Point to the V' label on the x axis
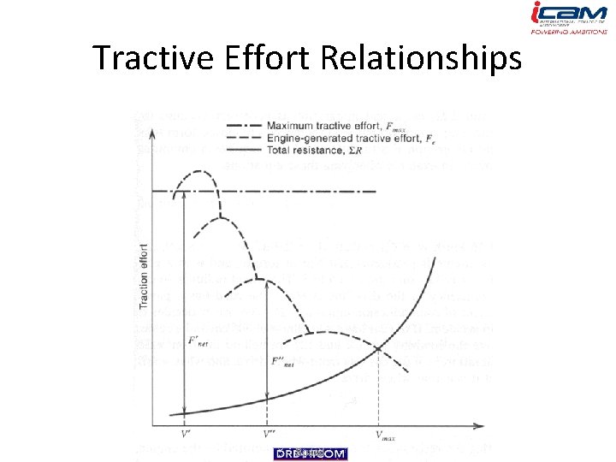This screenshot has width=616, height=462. click(x=186, y=434)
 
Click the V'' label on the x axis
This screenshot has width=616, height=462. click(x=269, y=434)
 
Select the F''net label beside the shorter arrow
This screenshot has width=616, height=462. click(x=282, y=361)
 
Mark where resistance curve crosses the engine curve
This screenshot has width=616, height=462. click(x=377, y=348)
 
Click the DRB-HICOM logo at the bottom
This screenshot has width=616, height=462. click(x=310, y=453)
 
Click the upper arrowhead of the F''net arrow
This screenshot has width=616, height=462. click(x=268, y=283)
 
